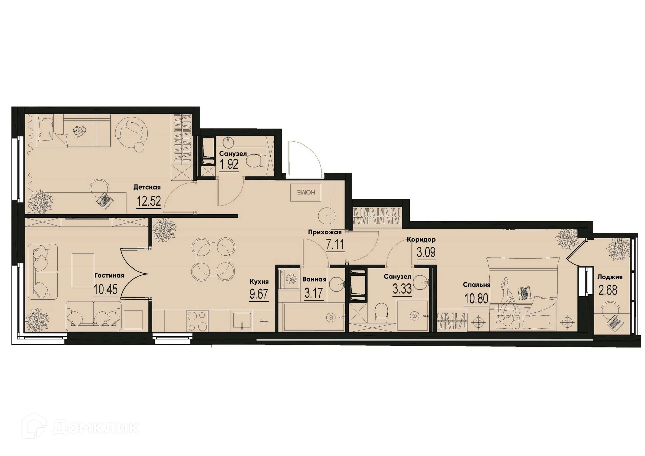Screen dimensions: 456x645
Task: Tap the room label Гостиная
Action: tap(109, 276)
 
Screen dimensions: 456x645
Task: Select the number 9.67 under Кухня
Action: tap(259, 294)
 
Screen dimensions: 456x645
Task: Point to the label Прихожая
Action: tap(325, 232)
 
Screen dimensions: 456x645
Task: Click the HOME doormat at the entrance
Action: tap(306, 193)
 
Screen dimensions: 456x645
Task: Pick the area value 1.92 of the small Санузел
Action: tap(229, 165)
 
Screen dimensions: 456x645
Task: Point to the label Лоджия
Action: tap(610, 277)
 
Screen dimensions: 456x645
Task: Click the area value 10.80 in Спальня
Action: tap(476, 298)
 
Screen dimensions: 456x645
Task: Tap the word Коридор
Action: tap(421, 240)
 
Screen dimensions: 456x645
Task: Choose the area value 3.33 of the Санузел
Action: tap(402, 289)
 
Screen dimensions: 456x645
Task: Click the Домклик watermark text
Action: tap(95, 427)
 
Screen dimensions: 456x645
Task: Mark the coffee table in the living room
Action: tap(83, 270)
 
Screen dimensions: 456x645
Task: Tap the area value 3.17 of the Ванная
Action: tap(313, 293)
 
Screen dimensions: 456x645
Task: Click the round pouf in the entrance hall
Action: tap(327, 216)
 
